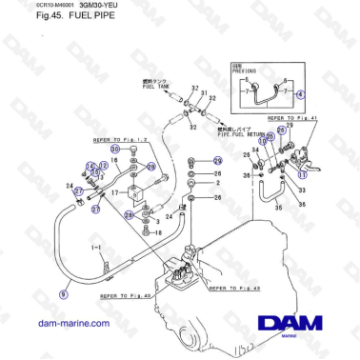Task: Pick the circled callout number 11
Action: [x=303, y=174]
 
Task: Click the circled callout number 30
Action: [x=114, y=150]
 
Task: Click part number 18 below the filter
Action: [x=158, y=231]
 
